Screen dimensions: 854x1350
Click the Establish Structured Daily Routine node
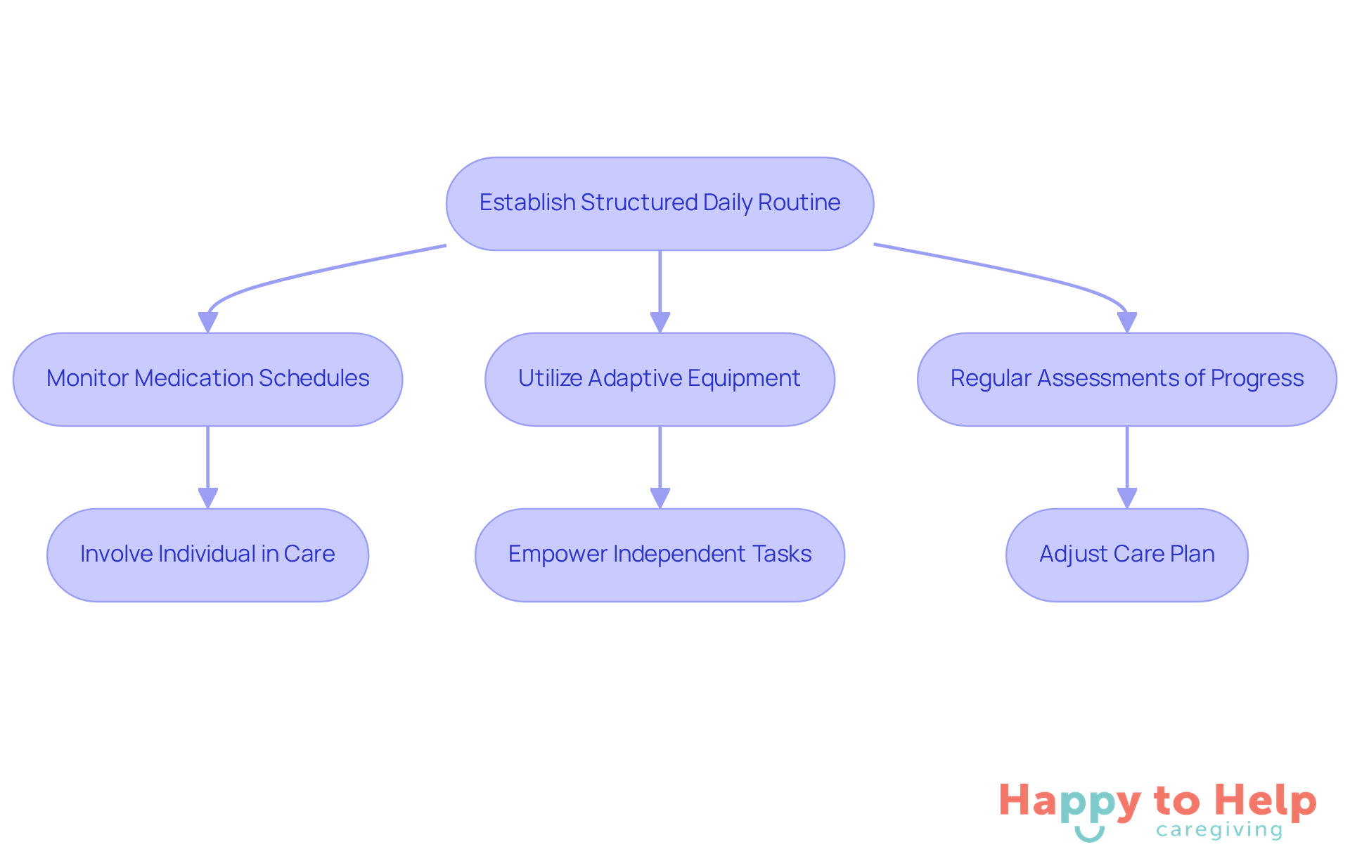660,203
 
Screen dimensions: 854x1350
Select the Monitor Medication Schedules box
207,379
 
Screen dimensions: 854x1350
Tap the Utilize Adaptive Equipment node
660,379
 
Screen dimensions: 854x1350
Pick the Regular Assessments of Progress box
1126,379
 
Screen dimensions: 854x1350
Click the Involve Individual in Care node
207,555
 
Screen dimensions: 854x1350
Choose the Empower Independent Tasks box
660,555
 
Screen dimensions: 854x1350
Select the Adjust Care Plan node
1126,555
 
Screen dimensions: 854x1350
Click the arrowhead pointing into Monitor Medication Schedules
207,322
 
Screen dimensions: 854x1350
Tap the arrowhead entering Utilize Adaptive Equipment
660,322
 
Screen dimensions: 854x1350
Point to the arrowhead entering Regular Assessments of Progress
1126,322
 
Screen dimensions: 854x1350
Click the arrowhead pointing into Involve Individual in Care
207,498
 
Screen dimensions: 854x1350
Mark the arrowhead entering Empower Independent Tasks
660,498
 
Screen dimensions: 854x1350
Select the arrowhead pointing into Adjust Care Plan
1126,498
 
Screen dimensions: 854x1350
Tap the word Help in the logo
1265,801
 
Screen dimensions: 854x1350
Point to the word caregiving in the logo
1219,830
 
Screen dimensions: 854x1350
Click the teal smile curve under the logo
1090,834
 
